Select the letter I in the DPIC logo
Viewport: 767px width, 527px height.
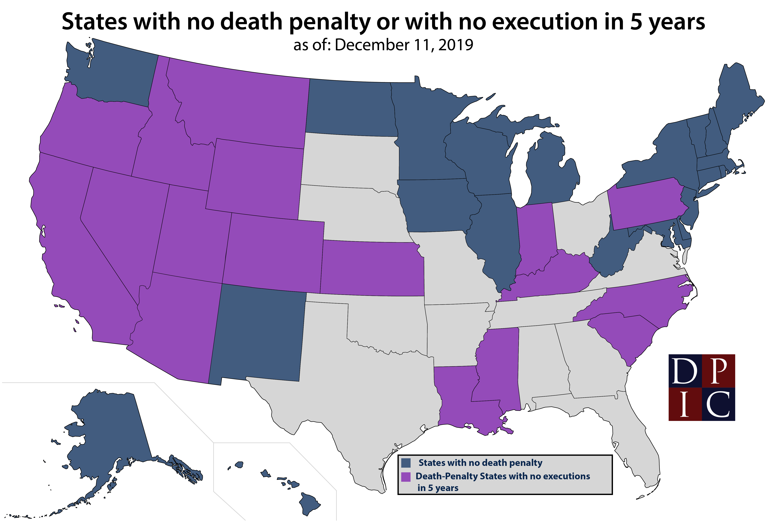coord(685,404)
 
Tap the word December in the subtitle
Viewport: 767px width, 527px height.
coord(372,45)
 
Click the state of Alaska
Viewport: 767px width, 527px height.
coord(109,439)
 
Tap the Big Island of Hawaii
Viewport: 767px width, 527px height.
coord(309,504)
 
